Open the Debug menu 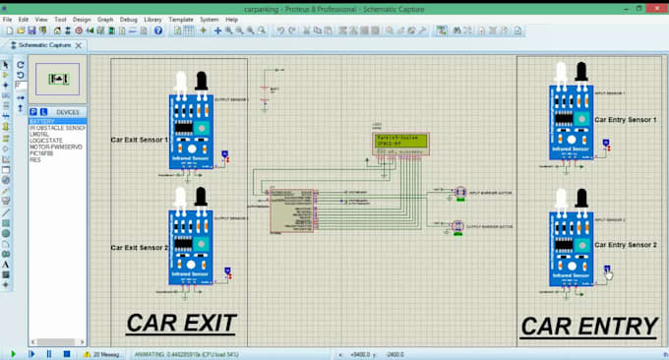click(128, 19)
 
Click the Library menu click(152, 19)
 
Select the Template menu click(180, 19)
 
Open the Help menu click(231, 19)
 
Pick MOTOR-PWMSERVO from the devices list click(55, 146)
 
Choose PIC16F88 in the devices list click(43, 151)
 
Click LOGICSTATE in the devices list click(47, 140)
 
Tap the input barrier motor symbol click(459, 192)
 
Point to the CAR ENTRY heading click(587, 326)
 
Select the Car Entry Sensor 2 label click(625, 243)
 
